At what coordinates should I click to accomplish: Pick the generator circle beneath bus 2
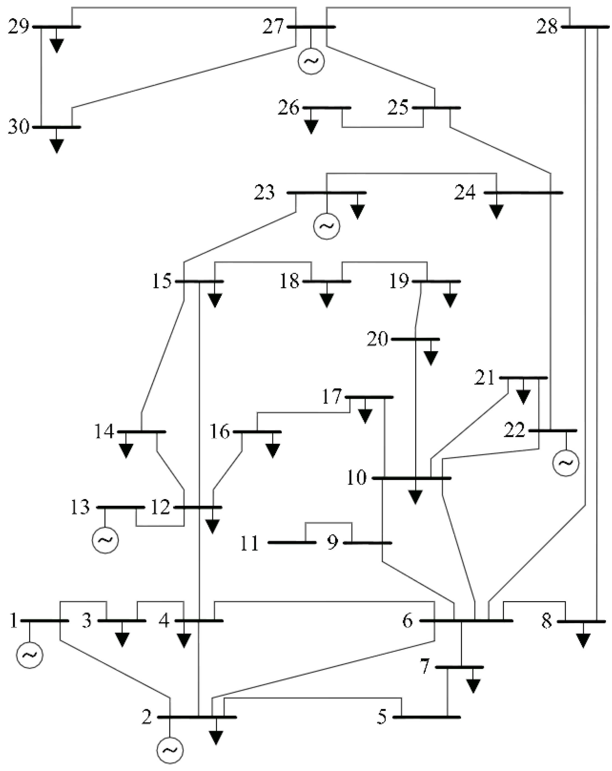(170, 750)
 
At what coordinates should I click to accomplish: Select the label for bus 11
(249, 544)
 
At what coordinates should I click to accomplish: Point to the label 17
(332, 397)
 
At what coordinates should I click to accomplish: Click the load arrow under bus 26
(311, 126)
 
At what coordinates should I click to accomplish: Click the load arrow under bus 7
(473, 685)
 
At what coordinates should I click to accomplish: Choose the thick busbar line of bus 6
(466, 621)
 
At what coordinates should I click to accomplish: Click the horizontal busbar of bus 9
(368, 543)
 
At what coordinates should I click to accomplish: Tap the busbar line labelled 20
(415, 339)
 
